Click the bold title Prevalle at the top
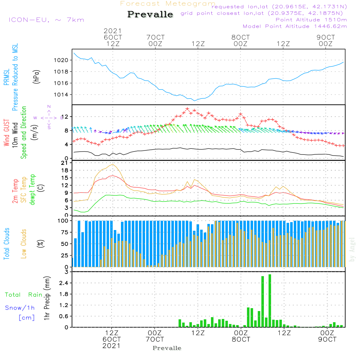click(x=150, y=15)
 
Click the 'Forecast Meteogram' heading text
click(x=168, y=4)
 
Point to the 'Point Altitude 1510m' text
click(x=311, y=20)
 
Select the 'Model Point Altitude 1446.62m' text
click(x=295, y=26)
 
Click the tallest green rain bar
click(x=270, y=301)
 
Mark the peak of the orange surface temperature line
click(x=113, y=164)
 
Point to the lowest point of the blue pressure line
click(x=194, y=100)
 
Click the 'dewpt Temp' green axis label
click(x=32, y=190)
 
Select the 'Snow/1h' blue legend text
click(x=20, y=308)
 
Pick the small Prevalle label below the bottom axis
click(x=167, y=348)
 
